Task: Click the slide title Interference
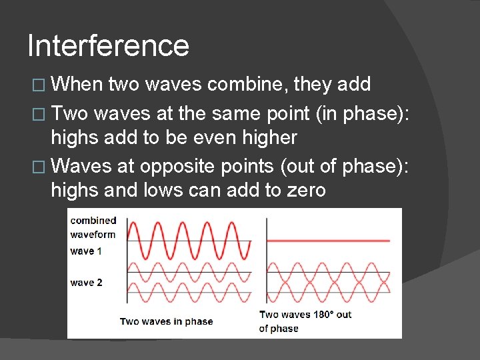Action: point(108,46)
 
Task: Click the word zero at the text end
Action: point(306,191)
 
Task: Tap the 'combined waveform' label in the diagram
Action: point(93,227)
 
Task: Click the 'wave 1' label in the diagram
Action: point(86,251)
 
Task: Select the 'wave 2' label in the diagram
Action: point(86,283)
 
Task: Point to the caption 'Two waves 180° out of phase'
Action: point(305,321)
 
